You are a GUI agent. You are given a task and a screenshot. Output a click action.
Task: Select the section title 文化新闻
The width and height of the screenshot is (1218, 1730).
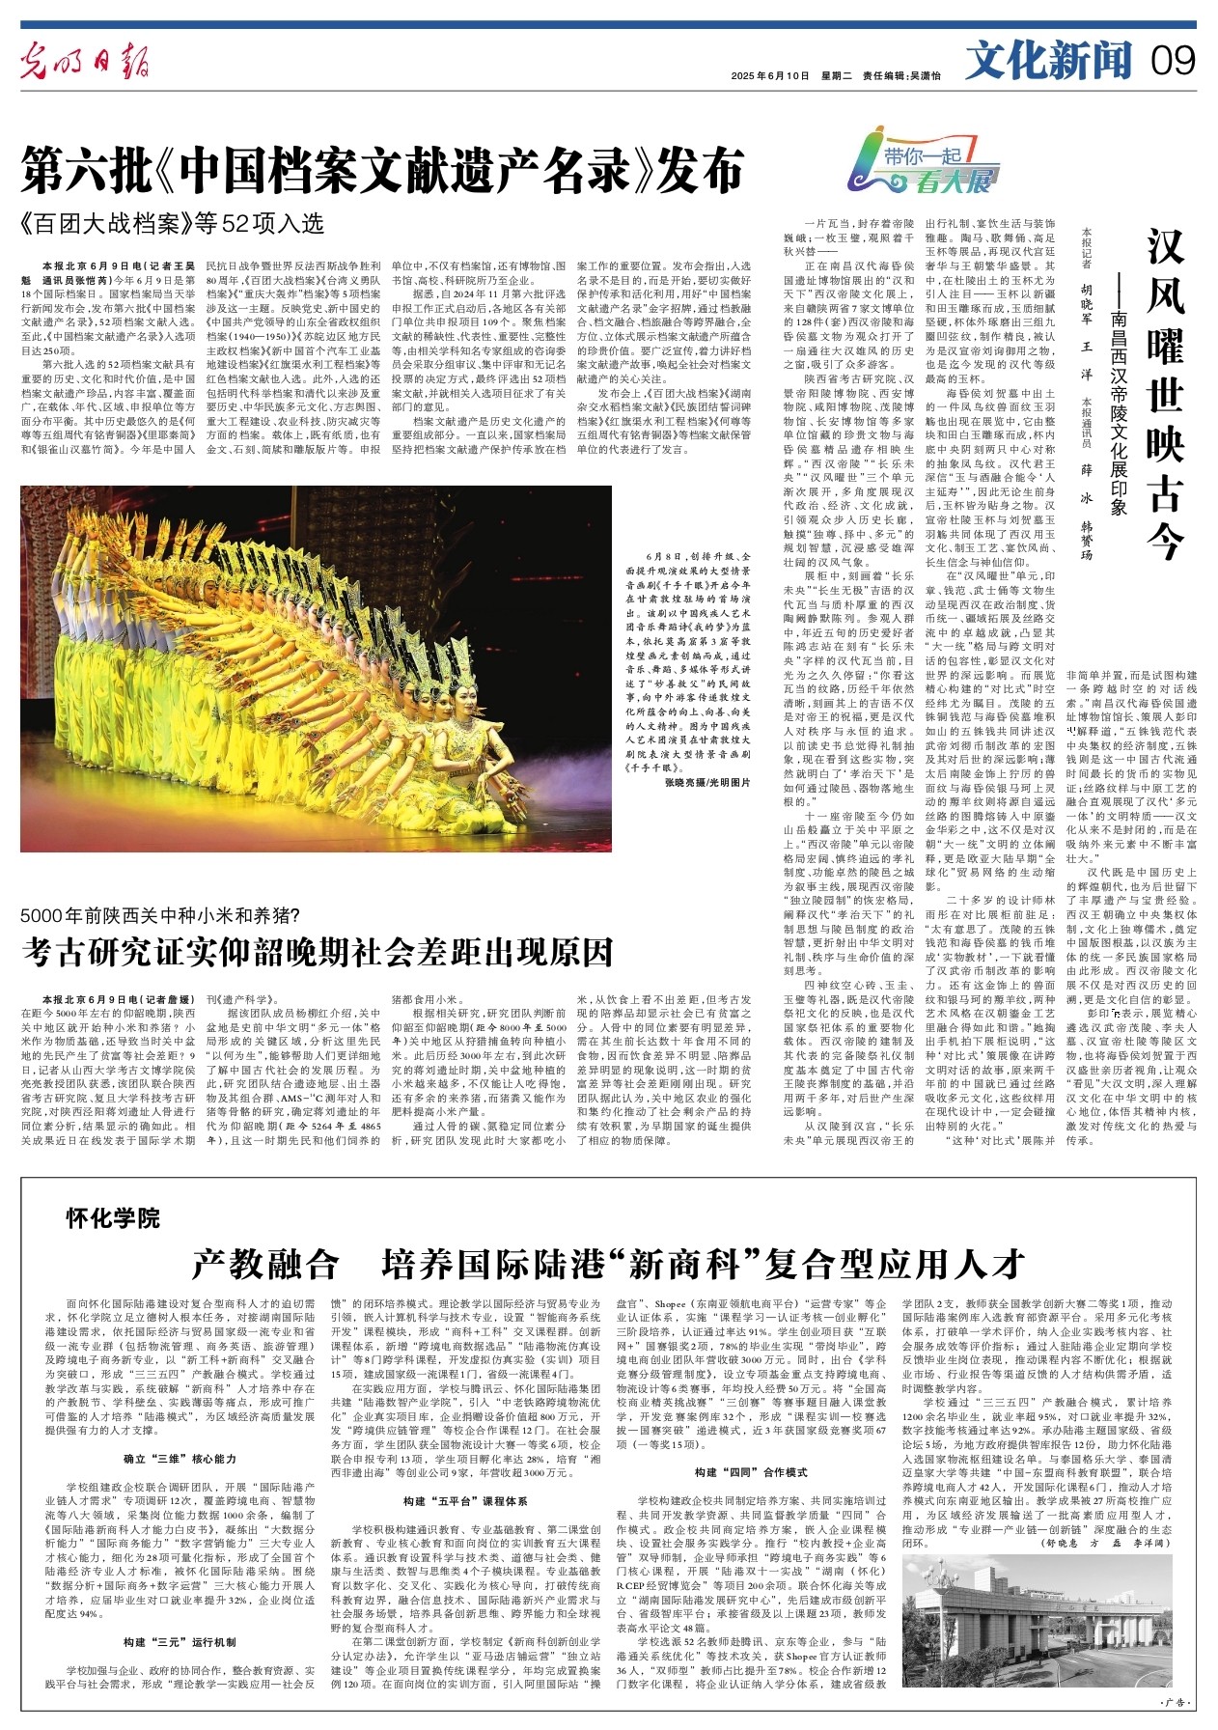tap(1048, 63)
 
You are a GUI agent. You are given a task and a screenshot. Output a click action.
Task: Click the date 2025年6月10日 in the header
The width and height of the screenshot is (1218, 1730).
tap(769, 76)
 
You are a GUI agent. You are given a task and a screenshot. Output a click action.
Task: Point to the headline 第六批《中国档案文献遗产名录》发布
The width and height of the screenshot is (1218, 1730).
tap(383, 170)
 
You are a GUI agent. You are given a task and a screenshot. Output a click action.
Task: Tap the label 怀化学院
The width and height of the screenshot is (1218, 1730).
tap(113, 1217)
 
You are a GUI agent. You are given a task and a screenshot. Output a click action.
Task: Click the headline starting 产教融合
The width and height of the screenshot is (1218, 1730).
tap(608, 1262)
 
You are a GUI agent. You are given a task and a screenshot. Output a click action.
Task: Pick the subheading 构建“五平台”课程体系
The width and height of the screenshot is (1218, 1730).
tap(465, 1501)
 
